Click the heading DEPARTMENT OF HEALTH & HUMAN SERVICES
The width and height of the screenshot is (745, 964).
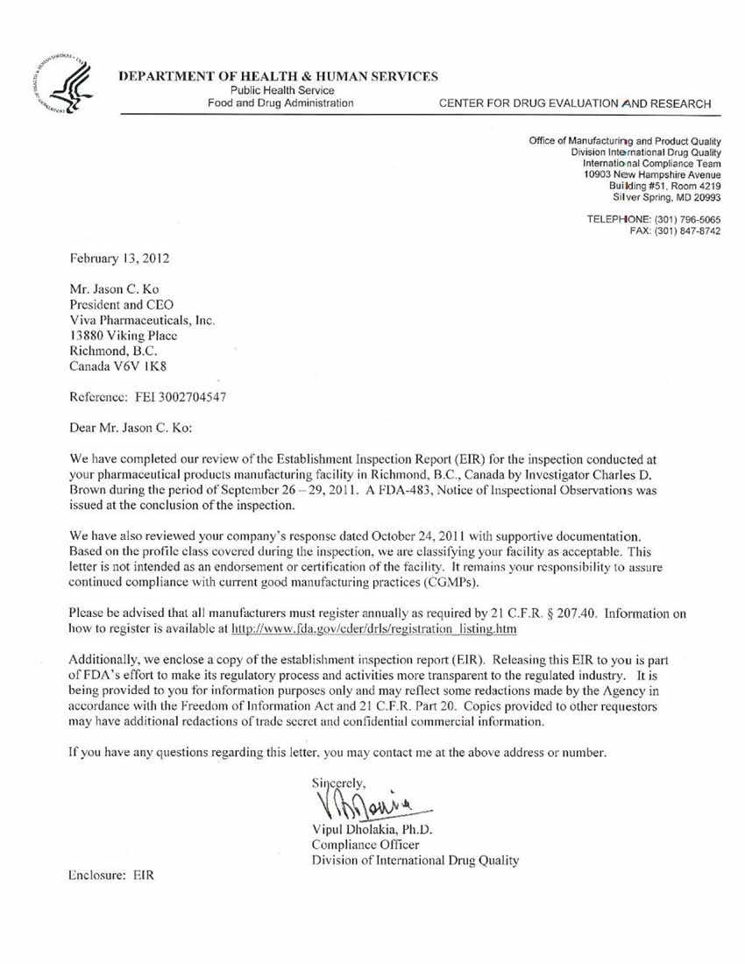click(x=279, y=76)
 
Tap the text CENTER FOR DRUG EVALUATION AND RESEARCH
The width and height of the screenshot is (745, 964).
click(x=575, y=103)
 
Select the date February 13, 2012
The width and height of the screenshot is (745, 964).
click(x=119, y=259)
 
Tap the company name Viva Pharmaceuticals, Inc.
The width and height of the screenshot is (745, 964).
click(x=142, y=320)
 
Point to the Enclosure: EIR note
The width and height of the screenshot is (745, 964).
click(x=112, y=876)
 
